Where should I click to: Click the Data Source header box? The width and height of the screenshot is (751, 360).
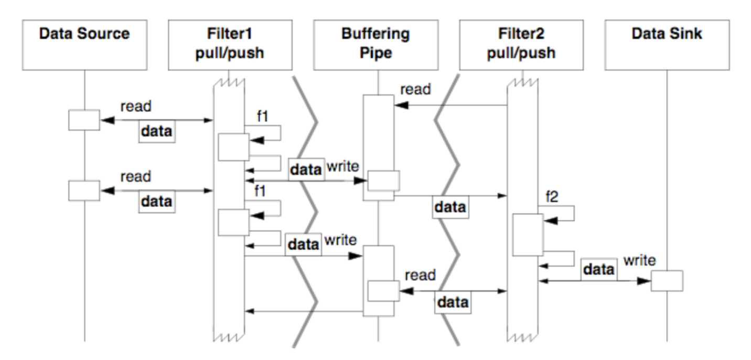click(84, 45)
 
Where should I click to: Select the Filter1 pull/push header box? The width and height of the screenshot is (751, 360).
click(230, 45)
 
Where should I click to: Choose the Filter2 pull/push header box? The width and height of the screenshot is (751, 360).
click(521, 45)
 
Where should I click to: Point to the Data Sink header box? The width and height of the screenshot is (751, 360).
click(667, 45)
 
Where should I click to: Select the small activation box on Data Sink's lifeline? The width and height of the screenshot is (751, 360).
click(667, 280)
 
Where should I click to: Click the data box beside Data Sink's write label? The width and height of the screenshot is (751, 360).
click(599, 270)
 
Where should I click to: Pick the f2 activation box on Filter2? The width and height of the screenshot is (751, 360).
click(528, 235)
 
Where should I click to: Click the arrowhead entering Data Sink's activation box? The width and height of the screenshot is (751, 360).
click(645, 281)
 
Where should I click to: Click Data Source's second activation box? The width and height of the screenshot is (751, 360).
click(84, 190)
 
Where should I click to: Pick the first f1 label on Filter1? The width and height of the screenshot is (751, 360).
click(262, 117)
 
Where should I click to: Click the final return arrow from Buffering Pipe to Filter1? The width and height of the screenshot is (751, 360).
click(304, 311)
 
